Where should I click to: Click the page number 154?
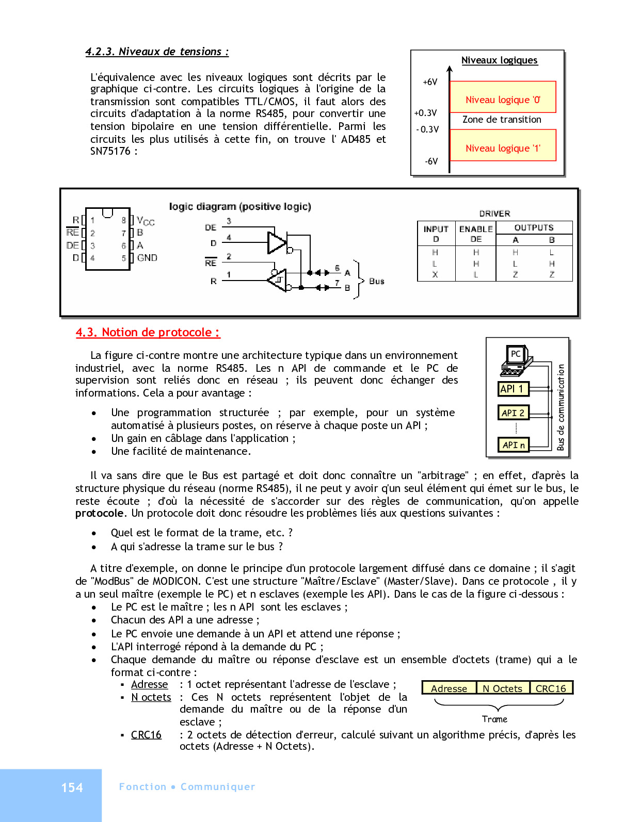tap(72, 787)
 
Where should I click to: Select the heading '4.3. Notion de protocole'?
tap(148, 333)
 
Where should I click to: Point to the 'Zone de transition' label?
tap(502, 120)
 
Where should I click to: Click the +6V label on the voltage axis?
tap(430, 82)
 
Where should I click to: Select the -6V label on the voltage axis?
tap(431, 161)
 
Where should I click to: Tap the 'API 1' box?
tap(513, 389)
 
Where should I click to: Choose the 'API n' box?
tap(514, 445)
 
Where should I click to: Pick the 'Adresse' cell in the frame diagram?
tap(449, 688)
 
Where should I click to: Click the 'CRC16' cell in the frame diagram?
tap(551, 688)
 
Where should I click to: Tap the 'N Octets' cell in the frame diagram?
tap(502, 688)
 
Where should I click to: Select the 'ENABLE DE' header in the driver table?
tap(476, 234)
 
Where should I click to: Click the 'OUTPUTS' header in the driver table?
tap(534, 227)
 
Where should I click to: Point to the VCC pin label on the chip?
tap(146, 221)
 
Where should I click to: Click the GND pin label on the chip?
tap(147, 258)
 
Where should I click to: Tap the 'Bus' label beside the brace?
tap(377, 281)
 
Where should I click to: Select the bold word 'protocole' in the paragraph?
tap(100, 513)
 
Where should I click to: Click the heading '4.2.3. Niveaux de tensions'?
tap(157, 52)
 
